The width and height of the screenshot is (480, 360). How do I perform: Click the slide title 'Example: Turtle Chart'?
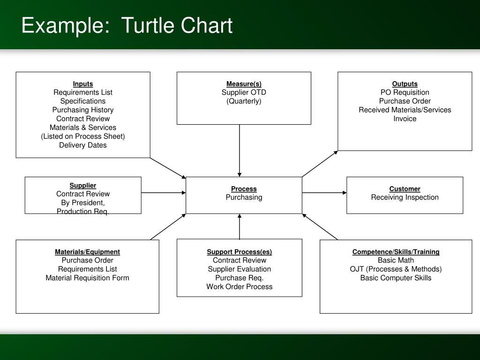[127, 26]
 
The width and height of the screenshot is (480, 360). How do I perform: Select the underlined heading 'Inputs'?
[83, 84]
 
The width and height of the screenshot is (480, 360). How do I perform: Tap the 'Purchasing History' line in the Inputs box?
[83, 110]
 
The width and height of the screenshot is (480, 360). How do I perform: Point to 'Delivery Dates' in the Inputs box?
[83, 145]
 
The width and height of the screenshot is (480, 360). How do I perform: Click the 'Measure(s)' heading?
[244, 84]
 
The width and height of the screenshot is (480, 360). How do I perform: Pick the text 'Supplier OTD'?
[244, 92]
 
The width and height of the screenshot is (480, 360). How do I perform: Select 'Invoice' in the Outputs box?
[405, 119]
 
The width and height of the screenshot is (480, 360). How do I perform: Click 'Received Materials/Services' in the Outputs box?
[405, 110]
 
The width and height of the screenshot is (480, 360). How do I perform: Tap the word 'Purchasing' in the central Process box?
[244, 197]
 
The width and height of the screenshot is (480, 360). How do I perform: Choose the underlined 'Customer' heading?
[405, 189]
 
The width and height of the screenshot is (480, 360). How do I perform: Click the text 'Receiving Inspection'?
[405, 197]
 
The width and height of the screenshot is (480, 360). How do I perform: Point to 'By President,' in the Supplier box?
[83, 202]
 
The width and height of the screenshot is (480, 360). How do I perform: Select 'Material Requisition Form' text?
[87, 277]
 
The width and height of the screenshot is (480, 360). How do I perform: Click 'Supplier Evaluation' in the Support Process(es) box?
[240, 269]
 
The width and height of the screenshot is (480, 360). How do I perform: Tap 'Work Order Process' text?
[240, 286]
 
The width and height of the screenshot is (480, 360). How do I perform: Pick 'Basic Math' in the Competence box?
[396, 260]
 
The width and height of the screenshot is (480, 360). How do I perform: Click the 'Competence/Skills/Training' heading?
[396, 252]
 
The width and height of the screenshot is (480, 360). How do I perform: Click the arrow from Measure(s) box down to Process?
[240, 150]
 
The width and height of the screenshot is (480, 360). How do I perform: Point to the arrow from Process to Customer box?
[324, 193]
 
